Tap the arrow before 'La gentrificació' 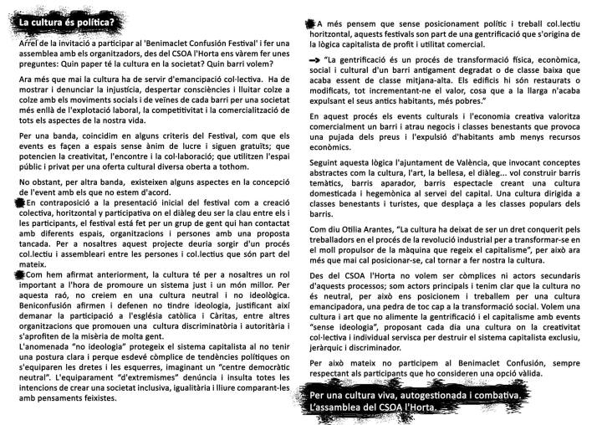314,60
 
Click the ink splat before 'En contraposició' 20,202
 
